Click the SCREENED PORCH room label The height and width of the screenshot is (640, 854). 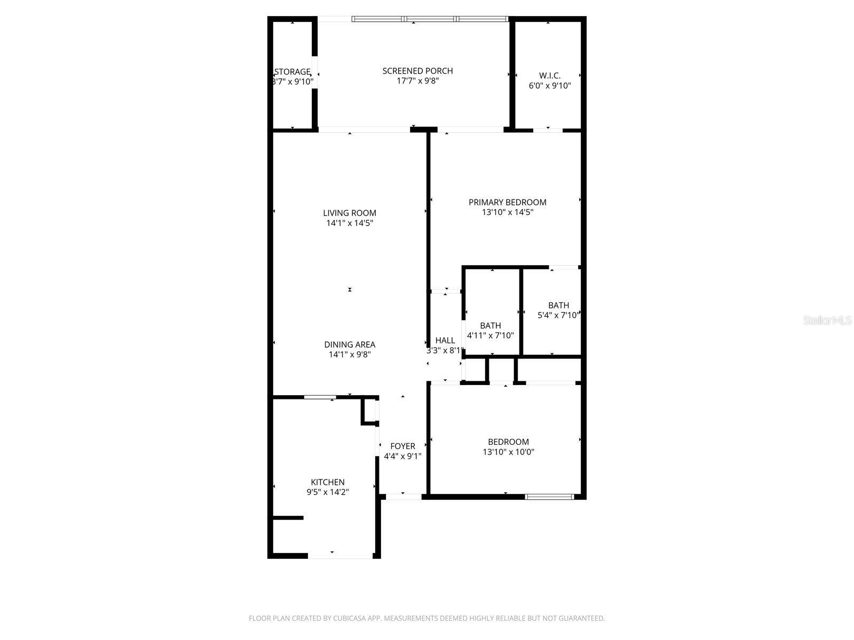click(x=417, y=71)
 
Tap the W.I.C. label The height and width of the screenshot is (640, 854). click(x=549, y=76)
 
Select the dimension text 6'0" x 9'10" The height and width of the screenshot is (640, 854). click(x=549, y=85)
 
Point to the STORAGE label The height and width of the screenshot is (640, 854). click(x=292, y=72)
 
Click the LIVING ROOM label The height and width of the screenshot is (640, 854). click(x=350, y=213)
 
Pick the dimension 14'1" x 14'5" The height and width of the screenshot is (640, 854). click(x=350, y=223)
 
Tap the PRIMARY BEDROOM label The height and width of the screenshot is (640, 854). click(x=507, y=202)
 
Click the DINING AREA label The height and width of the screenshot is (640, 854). click(x=350, y=345)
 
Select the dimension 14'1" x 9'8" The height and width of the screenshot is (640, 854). click(x=350, y=354)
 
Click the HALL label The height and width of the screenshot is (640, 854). click(x=445, y=340)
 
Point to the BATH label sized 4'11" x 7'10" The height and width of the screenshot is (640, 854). click(x=490, y=325)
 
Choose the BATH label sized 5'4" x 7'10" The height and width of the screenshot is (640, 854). click(x=558, y=305)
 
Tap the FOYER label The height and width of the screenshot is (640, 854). click(x=402, y=446)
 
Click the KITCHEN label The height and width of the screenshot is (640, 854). click(x=328, y=482)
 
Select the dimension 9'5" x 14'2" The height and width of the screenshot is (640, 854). click(x=328, y=492)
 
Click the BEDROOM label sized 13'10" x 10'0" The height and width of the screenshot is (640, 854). click(x=508, y=442)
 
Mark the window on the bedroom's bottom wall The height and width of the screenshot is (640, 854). click(x=549, y=497)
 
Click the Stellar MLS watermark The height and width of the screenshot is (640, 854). click(x=827, y=321)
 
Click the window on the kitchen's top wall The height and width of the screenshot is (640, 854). click(x=320, y=397)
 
